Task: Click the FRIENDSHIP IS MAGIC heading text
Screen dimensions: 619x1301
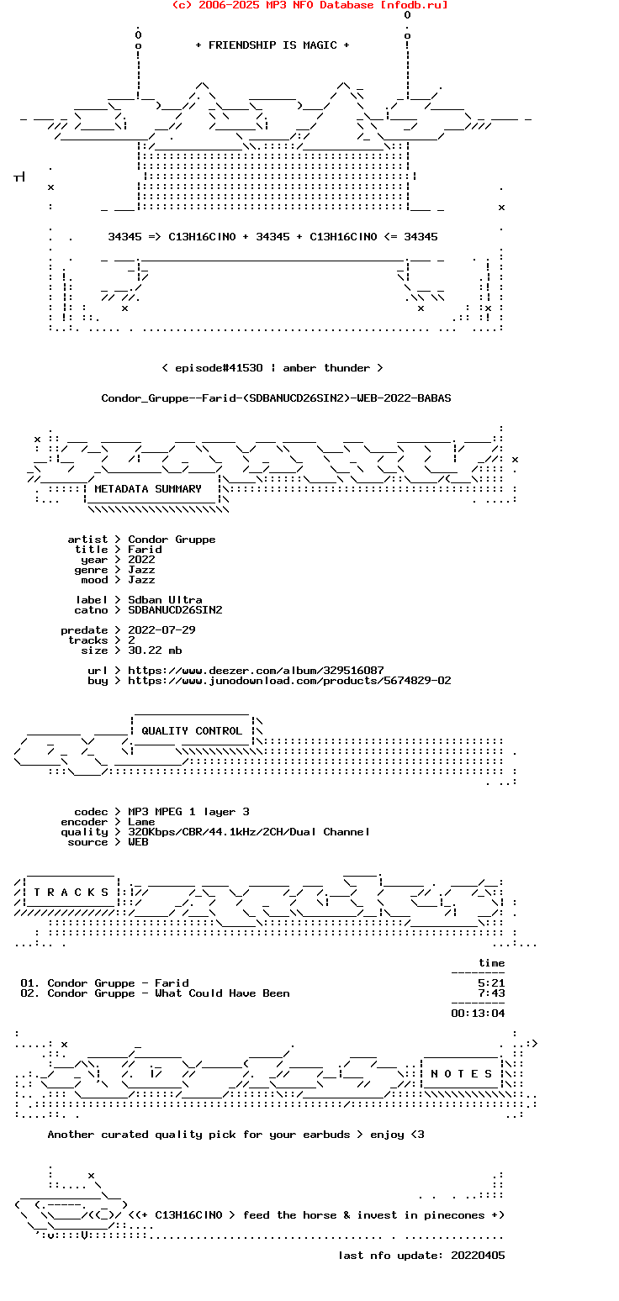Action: click(x=272, y=45)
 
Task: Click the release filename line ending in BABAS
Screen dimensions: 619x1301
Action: click(x=276, y=398)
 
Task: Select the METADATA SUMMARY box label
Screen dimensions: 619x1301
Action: click(x=148, y=489)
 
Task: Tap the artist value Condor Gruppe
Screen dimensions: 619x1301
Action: click(x=172, y=540)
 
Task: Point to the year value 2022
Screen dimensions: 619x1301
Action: click(x=141, y=560)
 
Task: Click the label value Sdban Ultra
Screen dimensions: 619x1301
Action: click(x=165, y=600)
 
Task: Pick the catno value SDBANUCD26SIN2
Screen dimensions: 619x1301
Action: click(x=175, y=610)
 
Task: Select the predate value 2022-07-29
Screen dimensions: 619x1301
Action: click(x=161, y=630)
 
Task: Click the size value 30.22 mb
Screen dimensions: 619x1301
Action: click(x=155, y=650)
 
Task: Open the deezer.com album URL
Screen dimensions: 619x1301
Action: click(x=256, y=671)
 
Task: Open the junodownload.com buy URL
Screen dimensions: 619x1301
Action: click(x=289, y=681)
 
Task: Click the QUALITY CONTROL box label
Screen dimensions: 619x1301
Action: click(x=191, y=731)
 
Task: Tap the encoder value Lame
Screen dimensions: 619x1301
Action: click(x=141, y=823)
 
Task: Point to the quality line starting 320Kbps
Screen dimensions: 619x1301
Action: click(x=249, y=832)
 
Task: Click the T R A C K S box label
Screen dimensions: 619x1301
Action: click(x=71, y=893)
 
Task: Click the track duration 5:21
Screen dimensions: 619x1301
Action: click(x=491, y=983)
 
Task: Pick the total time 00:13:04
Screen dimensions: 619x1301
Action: click(x=478, y=1014)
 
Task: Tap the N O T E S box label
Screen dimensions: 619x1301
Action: click(x=461, y=1074)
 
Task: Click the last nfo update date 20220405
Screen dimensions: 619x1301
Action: click(x=478, y=1256)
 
